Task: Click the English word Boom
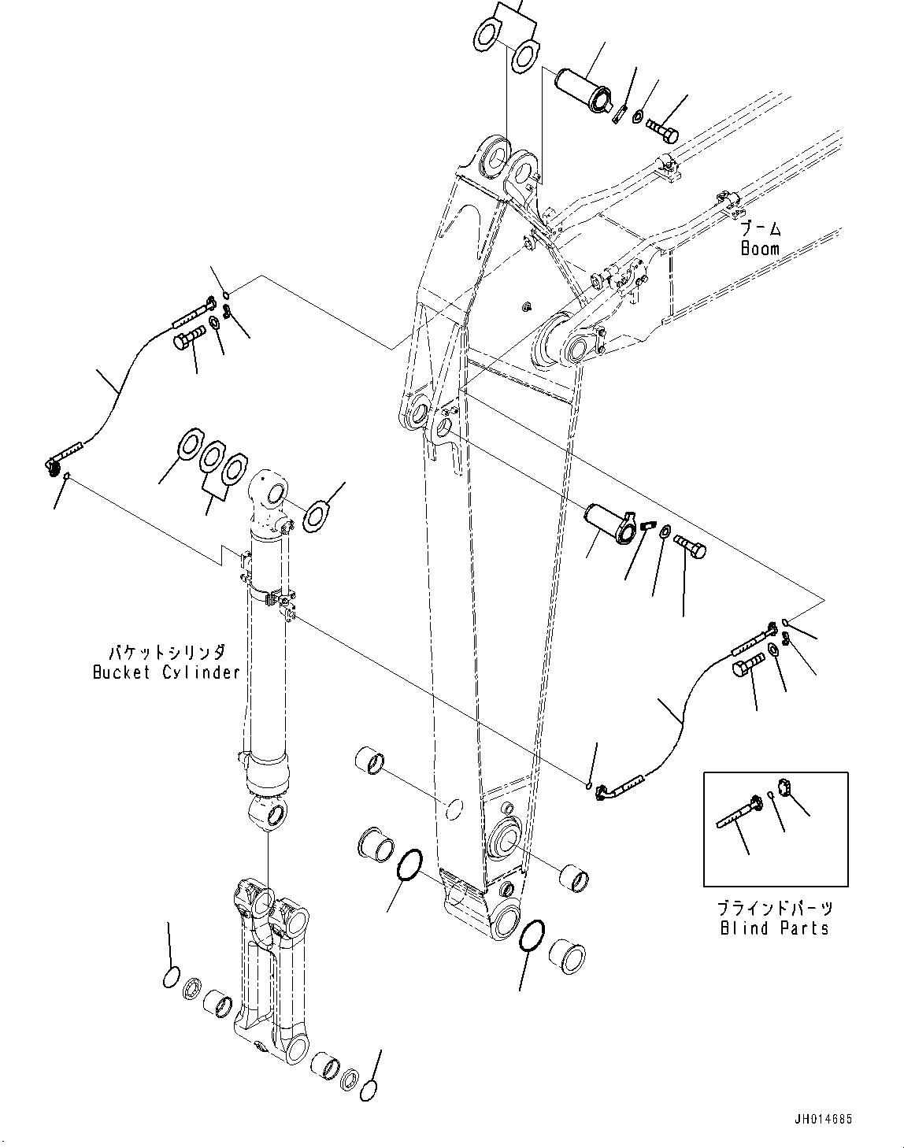pyautogui.click(x=760, y=249)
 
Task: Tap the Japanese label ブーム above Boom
pyautogui.click(x=761, y=229)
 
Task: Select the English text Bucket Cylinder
pyautogui.click(x=166, y=672)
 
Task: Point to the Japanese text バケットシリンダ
pyautogui.click(x=166, y=653)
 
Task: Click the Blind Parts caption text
pyautogui.click(x=774, y=928)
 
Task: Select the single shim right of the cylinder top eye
pyautogui.click(x=315, y=516)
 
